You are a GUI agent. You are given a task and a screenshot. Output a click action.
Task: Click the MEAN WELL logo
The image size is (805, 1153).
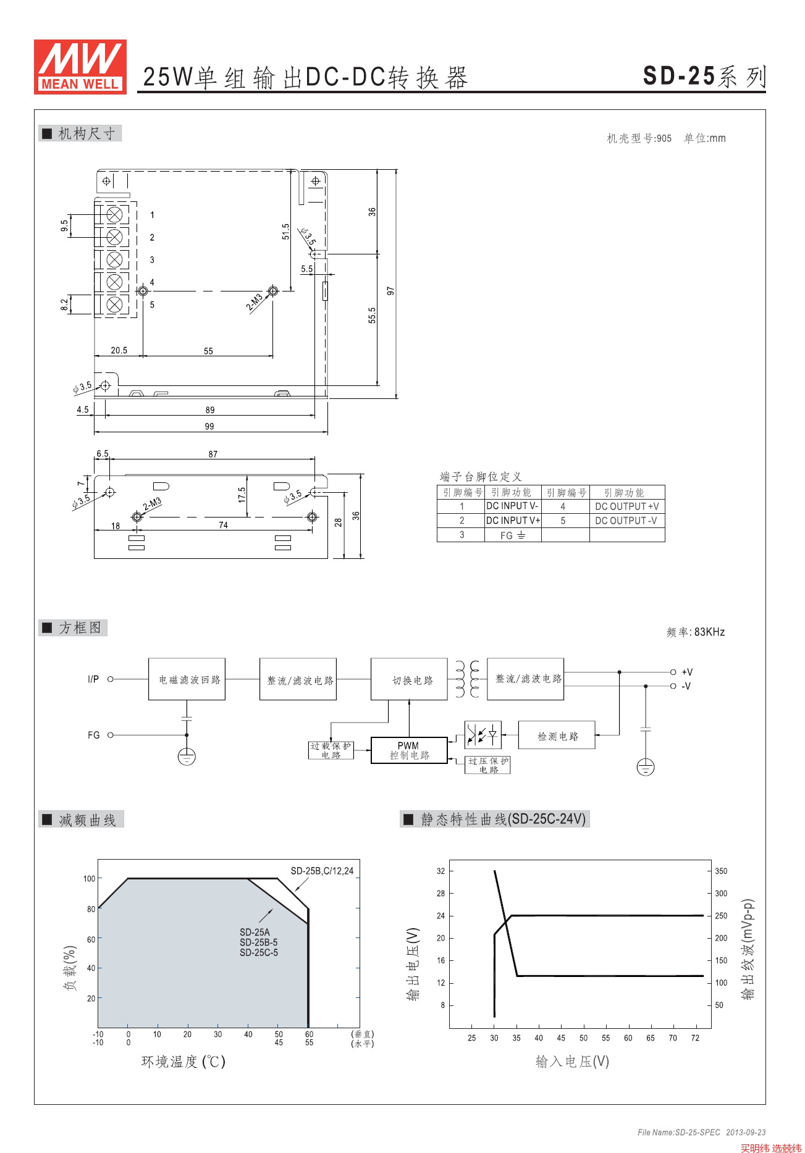click(80, 67)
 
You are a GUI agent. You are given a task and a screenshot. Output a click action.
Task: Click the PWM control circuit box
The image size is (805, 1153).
click(409, 750)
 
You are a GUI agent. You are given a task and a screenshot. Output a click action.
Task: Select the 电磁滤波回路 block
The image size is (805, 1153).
click(187, 679)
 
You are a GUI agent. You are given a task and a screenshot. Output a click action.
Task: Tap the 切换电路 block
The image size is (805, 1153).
click(409, 679)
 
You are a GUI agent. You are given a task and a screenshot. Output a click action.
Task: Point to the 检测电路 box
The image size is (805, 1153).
click(557, 736)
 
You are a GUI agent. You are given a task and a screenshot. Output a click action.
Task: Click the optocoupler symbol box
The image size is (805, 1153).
click(483, 735)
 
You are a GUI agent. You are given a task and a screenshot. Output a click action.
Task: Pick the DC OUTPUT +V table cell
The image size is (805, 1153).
click(626, 506)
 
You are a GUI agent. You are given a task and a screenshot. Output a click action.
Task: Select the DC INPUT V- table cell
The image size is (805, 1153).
click(512, 506)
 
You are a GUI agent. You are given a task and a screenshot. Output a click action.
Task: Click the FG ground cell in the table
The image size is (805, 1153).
click(512, 535)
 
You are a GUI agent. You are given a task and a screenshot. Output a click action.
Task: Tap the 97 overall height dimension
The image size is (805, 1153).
click(390, 290)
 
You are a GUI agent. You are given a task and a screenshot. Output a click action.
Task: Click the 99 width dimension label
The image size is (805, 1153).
click(209, 426)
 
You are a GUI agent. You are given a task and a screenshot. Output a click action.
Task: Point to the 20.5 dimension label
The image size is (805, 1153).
click(119, 350)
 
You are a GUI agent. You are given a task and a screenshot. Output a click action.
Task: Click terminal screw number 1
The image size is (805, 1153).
click(114, 215)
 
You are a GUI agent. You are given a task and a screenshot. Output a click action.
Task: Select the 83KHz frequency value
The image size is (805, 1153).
click(709, 632)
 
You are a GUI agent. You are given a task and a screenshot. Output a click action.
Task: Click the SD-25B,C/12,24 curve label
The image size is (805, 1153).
click(322, 871)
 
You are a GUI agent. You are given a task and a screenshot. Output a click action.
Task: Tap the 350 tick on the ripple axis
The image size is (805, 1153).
click(721, 871)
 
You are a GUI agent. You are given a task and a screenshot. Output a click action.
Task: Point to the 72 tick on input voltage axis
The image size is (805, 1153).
click(695, 1038)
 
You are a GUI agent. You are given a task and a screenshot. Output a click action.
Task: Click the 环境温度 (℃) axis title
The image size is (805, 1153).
click(183, 1062)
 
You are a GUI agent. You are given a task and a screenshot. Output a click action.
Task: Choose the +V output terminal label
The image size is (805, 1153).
click(687, 672)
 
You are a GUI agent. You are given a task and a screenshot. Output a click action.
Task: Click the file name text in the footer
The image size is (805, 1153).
click(679, 1132)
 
